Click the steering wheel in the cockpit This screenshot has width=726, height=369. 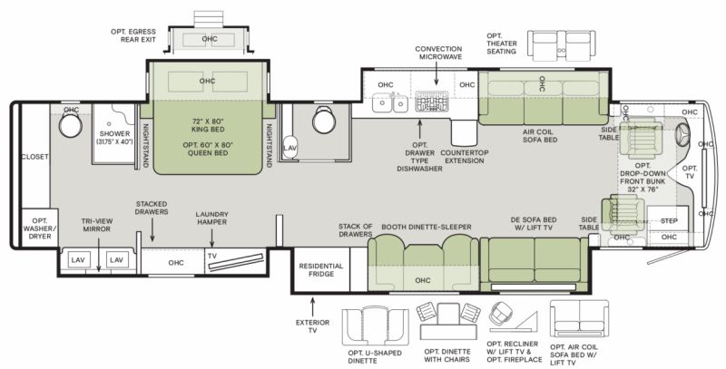(683, 134)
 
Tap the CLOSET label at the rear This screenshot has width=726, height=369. (34, 157)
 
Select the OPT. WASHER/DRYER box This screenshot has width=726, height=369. (40, 228)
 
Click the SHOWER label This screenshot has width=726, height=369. (114, 133)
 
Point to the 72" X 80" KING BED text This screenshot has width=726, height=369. (208, 125)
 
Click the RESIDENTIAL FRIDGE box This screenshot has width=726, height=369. (321, 270)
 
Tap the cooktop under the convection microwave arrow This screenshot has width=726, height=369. (431, 102)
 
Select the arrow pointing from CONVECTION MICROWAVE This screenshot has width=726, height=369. (437, 73)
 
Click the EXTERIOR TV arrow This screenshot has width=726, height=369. (312, 307)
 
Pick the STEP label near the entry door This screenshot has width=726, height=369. (669, 221)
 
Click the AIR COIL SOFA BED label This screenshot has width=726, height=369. (540, 135)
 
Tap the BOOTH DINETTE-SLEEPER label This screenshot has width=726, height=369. (426, 227)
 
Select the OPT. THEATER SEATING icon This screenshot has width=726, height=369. (561, 44)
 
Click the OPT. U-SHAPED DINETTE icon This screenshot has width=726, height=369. (376, 327)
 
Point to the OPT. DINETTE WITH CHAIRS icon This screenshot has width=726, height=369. (448, 321)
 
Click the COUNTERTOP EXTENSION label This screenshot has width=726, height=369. (465, 157)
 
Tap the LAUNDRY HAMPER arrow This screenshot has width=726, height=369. (212, 238)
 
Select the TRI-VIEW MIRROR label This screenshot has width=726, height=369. (97, 225)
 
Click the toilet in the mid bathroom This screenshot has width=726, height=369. (323, 121)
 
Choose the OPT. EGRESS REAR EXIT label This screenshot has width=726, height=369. (133, 35)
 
